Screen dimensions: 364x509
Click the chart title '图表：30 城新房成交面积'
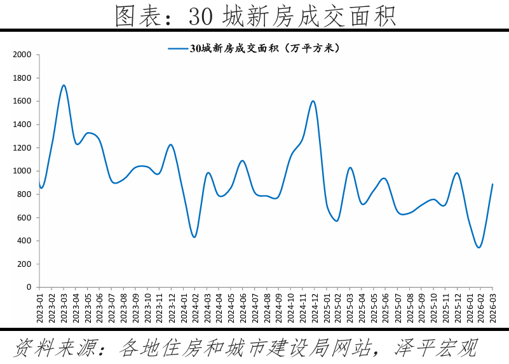click(x=255, y=15)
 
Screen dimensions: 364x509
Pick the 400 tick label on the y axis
click(x=24, y=241)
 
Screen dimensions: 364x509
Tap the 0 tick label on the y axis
click(x=29, y=287)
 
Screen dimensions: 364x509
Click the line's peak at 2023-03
click(x=64, y=85)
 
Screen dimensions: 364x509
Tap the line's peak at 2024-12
click(x=313, y=101)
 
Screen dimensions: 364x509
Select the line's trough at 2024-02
click(x=194, y=237)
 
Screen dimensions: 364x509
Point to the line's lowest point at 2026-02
click(x=479, y=247)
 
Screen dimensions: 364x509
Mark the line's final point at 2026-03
click(x=492, y=184)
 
